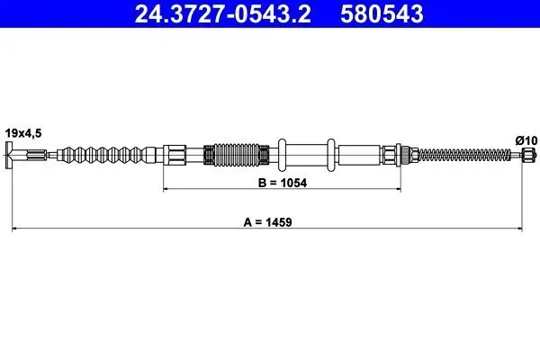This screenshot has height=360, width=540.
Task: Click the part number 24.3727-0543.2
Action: click(223, 13)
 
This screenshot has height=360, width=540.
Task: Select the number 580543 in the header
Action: click(382, 13)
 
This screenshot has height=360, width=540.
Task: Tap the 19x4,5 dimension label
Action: click(23, 133)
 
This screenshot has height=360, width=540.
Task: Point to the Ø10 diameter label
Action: click(526, 140)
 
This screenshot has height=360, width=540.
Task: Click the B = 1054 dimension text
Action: click(283, 183)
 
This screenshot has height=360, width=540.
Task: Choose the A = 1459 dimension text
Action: click(267, 222)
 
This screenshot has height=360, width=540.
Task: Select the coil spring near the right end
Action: click(464, 155)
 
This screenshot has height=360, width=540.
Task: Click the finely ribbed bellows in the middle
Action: click(236, 154)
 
